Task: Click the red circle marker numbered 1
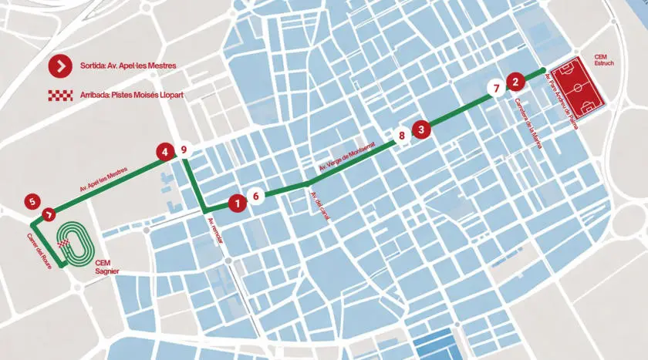tap(238, 204)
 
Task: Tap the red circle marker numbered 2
tap(515, 79)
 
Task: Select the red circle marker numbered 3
tap(420, 130)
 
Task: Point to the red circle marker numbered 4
tap(164, 152)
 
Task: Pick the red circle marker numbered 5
tap(31, 202)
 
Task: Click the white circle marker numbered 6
tap(256, 196)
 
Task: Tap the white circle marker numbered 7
tap(494, 89)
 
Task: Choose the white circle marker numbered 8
tap(401, 136)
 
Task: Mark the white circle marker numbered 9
tap(184, 150)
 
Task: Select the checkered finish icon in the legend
tap(59, 95)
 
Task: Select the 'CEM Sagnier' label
tap(104, 267)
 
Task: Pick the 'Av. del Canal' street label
tap(319, 206)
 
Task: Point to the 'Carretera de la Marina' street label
tap(528, 123)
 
